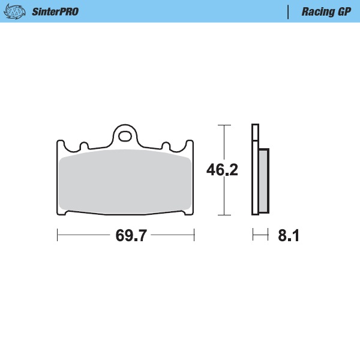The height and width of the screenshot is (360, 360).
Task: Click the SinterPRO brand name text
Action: [55, 11]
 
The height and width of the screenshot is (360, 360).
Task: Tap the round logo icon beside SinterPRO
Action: [20, 11]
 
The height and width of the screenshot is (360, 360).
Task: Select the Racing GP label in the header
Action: [326, 11]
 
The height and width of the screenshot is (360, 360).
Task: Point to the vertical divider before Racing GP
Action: [289, 11]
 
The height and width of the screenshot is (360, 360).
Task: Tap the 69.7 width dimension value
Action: [131, 235]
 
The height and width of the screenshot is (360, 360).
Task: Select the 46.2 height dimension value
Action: [222, 170]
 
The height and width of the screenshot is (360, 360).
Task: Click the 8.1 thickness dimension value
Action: [288, 235]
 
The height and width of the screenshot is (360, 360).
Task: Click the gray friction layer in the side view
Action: [264, 180]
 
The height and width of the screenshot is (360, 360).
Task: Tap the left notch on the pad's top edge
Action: [84, 146]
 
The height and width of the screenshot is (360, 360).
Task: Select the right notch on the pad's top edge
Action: [166, 146]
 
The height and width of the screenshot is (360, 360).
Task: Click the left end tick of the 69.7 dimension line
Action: [57, 235]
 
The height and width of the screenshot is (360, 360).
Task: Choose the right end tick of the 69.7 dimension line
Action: [194, 235]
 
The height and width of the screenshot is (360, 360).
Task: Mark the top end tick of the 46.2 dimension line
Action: [224, 125]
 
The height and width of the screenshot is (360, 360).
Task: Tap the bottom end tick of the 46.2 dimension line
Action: [224, 214]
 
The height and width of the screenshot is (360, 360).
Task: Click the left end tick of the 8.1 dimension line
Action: [253, 235]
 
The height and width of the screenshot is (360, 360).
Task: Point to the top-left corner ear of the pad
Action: [61, 144]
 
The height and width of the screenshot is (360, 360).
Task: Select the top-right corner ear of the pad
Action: [191, 144]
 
